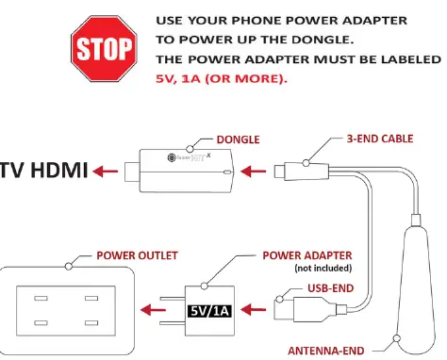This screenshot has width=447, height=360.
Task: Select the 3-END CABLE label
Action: [x=372, y=139]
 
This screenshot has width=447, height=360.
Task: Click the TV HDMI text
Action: [x=44, y=171]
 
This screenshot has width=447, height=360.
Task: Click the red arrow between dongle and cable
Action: [x=254, y=172]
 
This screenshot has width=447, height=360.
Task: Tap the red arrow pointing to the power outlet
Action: [x=152, y=307]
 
